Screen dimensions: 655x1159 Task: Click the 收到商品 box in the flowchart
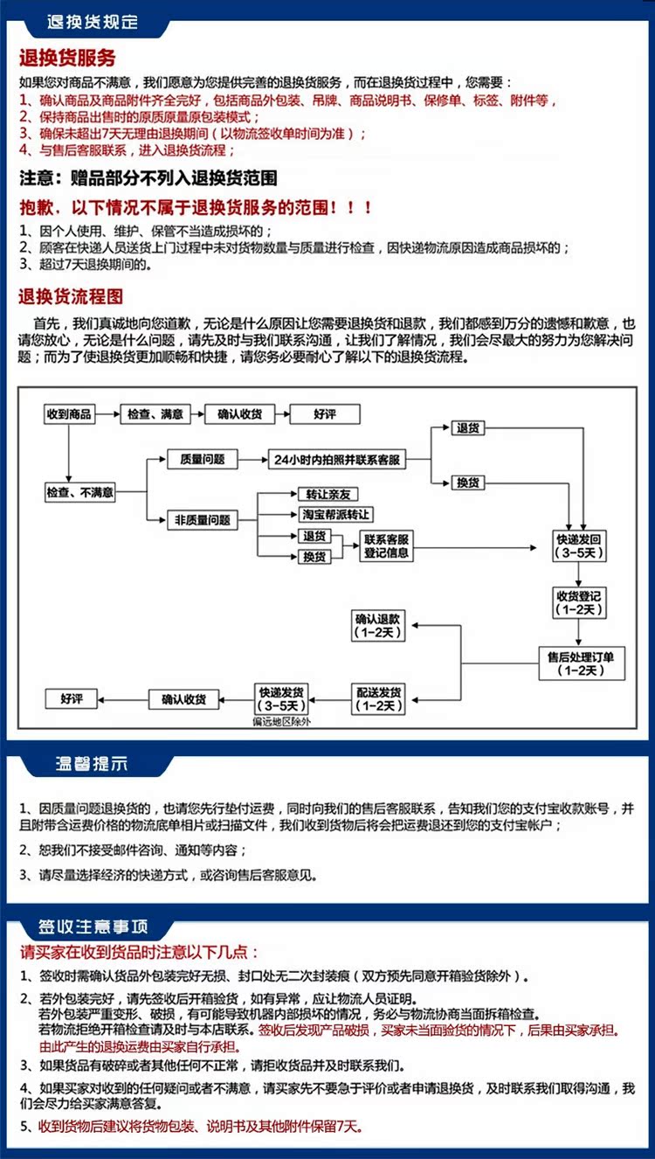pyautogui.click(x=69, y=414)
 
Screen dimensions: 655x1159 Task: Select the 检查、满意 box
pyautogui.click(x=155, y=414)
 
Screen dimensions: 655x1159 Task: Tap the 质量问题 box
pyautogui.click(x=202, y=460)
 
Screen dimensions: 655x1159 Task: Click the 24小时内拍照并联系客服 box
pyautogui.click(x=336, y=460)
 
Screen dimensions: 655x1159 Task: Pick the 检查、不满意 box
pyautogui.click(x=79, y=492)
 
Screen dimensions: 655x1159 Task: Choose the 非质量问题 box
pyautogui.click(x=202, y=520)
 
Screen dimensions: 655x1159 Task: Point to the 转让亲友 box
pyautogui.click(x=328, y=495)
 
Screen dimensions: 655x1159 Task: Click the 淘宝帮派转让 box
pyautogui.click(x=336, y=515)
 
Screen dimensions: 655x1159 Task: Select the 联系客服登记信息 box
pyautogui.click(x=386, y=546)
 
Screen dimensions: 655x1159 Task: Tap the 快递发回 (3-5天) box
pyautogui.click(x=579, y=546)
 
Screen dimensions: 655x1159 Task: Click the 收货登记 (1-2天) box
pyautogui.click(x=579, y=603)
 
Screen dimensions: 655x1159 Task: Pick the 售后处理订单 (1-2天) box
pyautogui.click(x=582, y=663)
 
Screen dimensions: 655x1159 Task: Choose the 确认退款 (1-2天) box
pyautogui.click(x=378, y=626)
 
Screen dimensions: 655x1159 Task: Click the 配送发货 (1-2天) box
pyautogui.click(x=378, y=699)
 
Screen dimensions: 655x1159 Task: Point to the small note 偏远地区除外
pyautogui.click(x=281, y=722)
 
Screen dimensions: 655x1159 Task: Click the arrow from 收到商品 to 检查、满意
pyautogui.click(x=107, y=414)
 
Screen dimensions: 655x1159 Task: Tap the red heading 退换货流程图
pyautogui.click(x=71, y=297)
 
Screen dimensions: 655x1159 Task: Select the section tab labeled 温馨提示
pyautogui.click(x=91, y=764)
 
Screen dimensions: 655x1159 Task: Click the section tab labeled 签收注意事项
pyautogui.click(x=93, y=927)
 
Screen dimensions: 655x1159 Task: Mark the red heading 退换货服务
pyautogui.click(x=67, y=58)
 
